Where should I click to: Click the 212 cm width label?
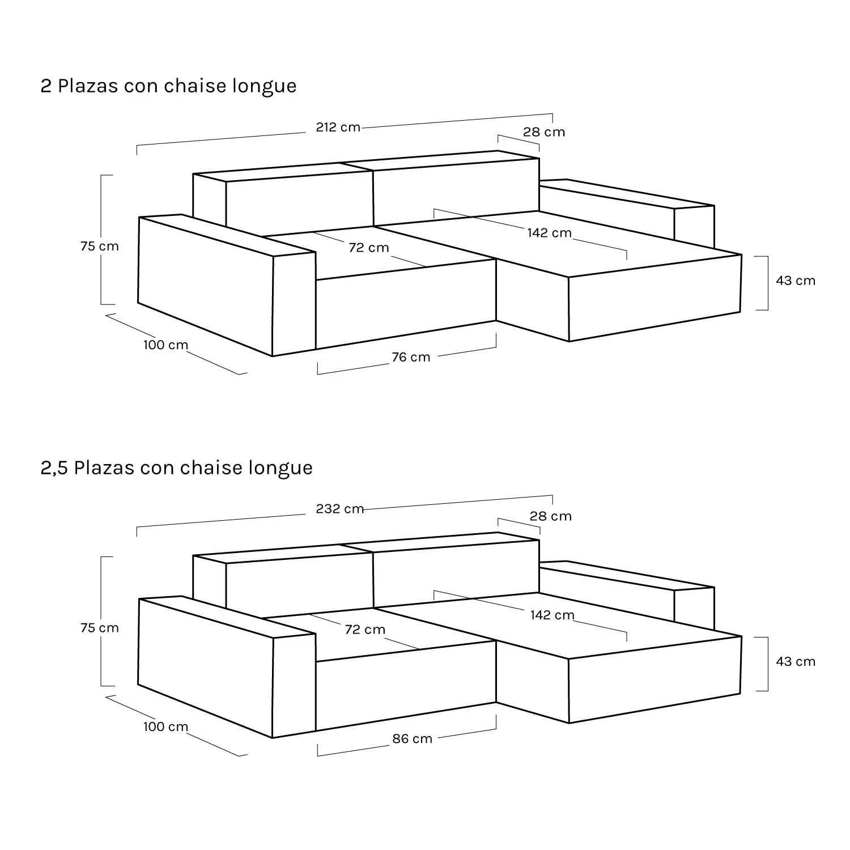[x=338, y=127]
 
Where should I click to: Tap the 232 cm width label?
[x=340, y=509]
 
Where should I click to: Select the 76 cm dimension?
[x=411, y=357]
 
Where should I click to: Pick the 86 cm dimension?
[x=412, y=739]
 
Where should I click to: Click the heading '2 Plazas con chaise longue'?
[x=168, y=86]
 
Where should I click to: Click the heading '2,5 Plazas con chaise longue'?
[x=176, y=468]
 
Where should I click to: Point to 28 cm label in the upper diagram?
[x=544, y=132]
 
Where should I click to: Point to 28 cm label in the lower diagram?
[x=551, y=516]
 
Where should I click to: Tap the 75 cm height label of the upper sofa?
[x=100, y=246]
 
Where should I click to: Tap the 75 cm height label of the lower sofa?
[x=100, y=628]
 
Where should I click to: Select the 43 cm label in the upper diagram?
[x=796, y=280]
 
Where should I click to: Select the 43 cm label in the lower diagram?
[x=796, y=661]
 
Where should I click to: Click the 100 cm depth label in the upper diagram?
[x=165, y=345]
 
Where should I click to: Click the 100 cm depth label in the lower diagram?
[x=165, y=726]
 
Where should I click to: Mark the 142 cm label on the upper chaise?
[x=550, y=233]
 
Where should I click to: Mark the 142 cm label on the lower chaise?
[x=552, y=615]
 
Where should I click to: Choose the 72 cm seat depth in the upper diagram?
[x=369, y=248]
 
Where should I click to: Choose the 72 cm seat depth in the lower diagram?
[x=365, y=630]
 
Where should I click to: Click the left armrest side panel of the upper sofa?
[x=206, y=286]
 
